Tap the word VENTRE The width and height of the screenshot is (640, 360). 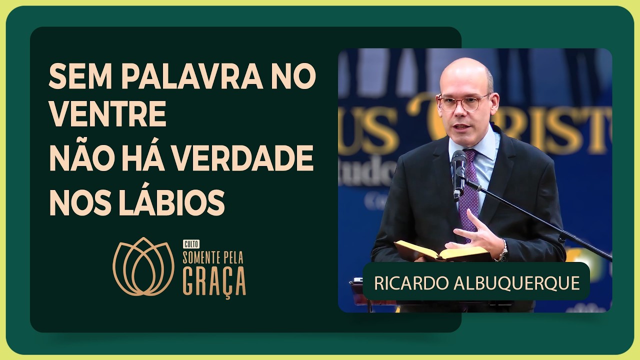coord(107,115)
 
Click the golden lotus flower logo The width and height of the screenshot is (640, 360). coord(143,266)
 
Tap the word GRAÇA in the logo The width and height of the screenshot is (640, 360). coord(214,281)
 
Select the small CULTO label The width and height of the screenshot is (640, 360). coord(191,244)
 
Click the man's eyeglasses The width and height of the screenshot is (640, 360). coord(463,103)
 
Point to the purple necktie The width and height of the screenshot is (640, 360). coord(469,192)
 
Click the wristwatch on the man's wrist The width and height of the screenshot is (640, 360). coord(503,251)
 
